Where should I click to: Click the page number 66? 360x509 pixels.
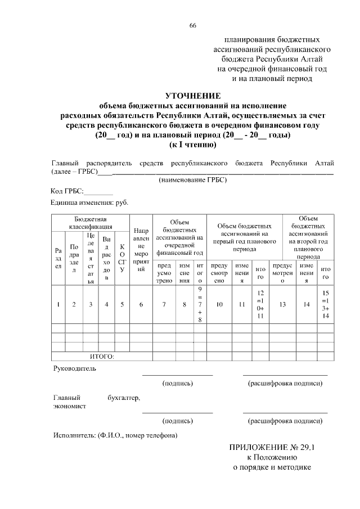(x=193, y=26)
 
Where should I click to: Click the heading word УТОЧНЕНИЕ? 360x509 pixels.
(x=193, y=95)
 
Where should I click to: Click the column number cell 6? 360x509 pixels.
(x=141, y=304)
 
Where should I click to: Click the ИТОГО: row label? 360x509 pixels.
(x=102, y=356)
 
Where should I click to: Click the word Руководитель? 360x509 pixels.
(x=74, y=368)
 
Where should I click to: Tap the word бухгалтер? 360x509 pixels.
(x=124, y=398)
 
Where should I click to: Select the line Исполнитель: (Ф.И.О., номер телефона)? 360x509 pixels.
(x=115, y=435)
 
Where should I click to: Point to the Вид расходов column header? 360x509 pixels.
(x=106, y=258)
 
